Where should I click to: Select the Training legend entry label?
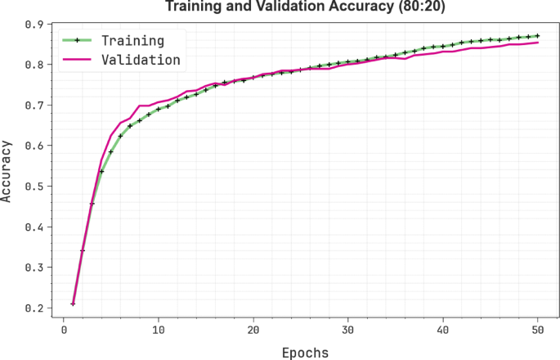pos(132,40)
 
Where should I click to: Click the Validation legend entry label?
pos(140,60)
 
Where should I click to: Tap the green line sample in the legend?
pos(78,40)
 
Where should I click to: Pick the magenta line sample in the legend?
pos(78,60)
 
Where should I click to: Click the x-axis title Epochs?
pos(305,353)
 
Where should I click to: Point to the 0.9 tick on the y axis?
pos(34,25)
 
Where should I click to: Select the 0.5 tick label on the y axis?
pos(34,187)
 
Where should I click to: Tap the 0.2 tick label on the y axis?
pos(34,308)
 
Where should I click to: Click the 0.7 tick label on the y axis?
pos(34,106)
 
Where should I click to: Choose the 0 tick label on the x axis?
pos(64,330)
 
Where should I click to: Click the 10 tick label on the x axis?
pos(159,330)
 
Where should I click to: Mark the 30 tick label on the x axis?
pos(348,330)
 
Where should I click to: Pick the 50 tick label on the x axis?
pos(537,330)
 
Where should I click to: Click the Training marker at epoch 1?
pos(73,304)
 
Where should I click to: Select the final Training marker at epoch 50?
pos(537,36)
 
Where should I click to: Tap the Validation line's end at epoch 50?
pos(537,43)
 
